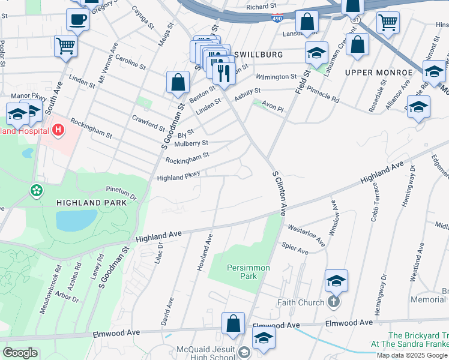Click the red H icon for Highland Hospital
[x=58, y=129]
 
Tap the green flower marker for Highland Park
[x=37, y=191]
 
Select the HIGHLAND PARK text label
[x=91, y=203]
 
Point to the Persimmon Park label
[x=248, y=272]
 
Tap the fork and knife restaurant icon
[x=223, y=73]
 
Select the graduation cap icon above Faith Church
[x=336, y=280]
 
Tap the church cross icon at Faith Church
[x=334, y=302]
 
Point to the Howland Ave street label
[x=205, y=252]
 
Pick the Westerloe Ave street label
[x=306, y=235]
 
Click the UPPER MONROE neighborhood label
[x=378, y=72]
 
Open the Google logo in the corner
[x=20, y=353]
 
